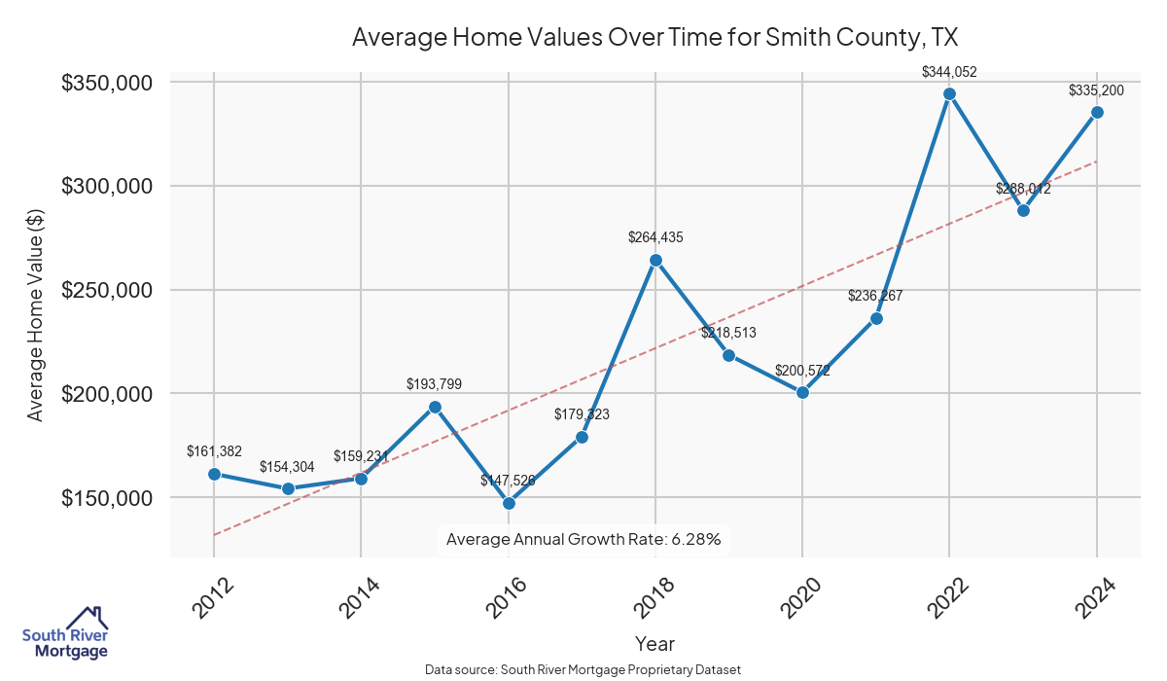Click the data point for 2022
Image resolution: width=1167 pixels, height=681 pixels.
(x=949, y=93)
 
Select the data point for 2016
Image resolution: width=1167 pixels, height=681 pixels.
(x=509, y=503)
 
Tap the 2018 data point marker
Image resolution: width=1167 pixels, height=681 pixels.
(x=655, y=260)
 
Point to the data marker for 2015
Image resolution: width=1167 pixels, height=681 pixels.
(x=435, y=407)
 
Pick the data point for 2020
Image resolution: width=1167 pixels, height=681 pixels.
(x=802, y=393)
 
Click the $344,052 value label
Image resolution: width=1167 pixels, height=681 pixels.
(x=949, y=71)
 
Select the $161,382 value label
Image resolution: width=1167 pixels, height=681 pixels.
(x=214, y=450)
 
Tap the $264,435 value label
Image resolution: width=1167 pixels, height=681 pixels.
(x=655, y=237)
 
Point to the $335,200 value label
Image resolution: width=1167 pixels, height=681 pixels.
(x=1096, y=90)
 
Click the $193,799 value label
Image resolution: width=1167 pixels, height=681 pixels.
(x=434, y=384)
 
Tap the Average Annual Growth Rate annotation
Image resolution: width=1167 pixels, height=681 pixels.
(x=583, y=539)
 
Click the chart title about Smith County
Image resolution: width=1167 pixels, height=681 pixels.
(x=654, y=38)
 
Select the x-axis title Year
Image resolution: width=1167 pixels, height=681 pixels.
(x=654, y=643)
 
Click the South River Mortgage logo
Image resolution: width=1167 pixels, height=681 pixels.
(x=65, y=634)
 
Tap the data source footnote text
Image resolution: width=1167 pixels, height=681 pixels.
(x=583, y=669)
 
